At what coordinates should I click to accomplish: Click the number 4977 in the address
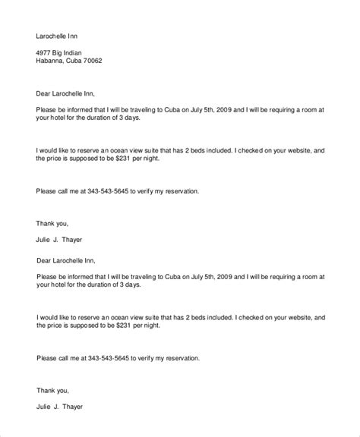pos(45,52)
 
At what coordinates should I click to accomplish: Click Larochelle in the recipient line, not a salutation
pos(52,35)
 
